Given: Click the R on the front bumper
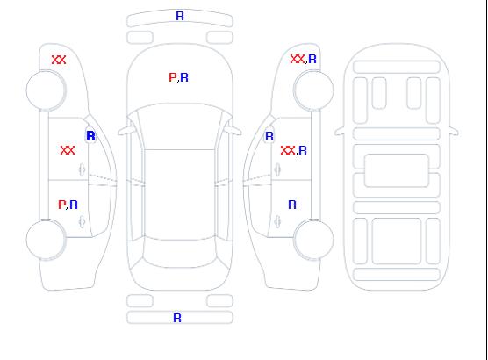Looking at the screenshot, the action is (x=180, y=16).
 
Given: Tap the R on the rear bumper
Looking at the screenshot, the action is (x=177, y=318).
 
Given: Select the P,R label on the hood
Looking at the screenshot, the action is (x=178, y=77).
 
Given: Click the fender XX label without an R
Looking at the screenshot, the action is (x=59, y=60).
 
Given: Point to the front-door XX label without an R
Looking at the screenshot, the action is (x=68, y=150).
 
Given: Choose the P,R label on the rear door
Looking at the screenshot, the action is (x=68, y=205).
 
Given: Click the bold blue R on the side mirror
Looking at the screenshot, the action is (x=91, y=136).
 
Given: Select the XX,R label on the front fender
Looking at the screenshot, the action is (x=303, y=59).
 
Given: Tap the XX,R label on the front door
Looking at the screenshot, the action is (x=293, y=150).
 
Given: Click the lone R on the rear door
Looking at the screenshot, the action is (x=292, y=205).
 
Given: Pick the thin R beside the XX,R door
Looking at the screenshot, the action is (x=269, y=136).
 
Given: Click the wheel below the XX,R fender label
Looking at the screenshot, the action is (x=313, y=90).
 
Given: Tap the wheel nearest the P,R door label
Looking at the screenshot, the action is (x=46, y=240).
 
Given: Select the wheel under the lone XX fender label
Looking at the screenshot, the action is (x=46, y=90).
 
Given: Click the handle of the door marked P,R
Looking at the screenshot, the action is (x=82, y=221).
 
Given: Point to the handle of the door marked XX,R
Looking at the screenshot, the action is (x=277, y=169).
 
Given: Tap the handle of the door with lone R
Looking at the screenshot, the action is (x=277, y=221).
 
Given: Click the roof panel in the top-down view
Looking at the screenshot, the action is (x=180, y=195).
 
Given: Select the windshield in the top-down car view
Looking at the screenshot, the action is (x=180, y=126).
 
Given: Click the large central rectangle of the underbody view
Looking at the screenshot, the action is (x=397, y=170).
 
